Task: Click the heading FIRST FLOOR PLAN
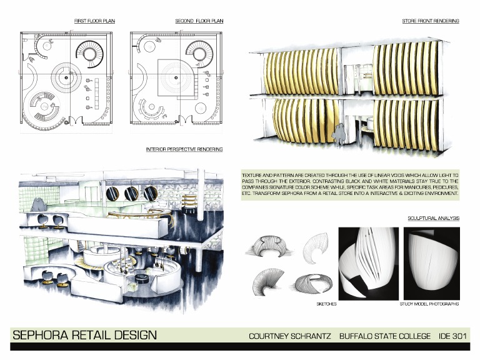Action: click(94, 21)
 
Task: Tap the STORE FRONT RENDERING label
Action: click(430, 21)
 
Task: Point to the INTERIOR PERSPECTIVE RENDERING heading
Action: click(184, 150)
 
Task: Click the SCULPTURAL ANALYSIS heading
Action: click(433, 219)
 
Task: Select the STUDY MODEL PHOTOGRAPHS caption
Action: click(429, 304)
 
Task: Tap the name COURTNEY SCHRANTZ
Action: click(289, 336)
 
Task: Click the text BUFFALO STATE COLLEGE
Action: click(384, 336)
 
